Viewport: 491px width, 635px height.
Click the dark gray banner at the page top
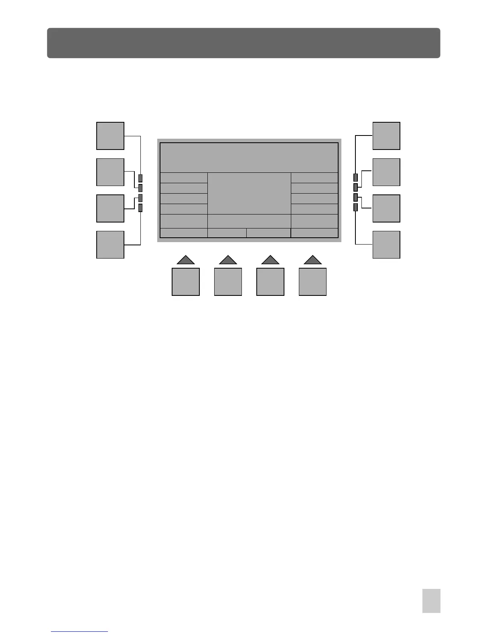click(243, 43)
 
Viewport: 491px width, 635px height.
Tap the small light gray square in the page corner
click(431, 601)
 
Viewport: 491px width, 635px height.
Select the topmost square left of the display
click(110, 136)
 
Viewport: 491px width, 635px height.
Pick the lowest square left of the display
click(110, 245)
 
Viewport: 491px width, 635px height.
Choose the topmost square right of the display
click(386, 136)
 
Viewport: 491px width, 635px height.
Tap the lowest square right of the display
click(386, 245)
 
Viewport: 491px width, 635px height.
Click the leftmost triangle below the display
click(186, 260)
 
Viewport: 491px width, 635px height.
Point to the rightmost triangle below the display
click(312, 260)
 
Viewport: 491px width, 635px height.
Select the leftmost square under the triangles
click(186, 282)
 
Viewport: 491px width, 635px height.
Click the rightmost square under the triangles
click(312, 282)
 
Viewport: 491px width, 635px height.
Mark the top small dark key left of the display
click(140, 178)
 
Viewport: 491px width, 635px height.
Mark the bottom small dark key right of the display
click(355, 207)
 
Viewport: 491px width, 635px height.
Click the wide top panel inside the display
click(249, 158)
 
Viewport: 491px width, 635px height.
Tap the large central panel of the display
click(249, 193)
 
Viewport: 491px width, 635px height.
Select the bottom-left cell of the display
click(184, 233)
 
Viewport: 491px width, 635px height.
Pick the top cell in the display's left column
click(184, 178)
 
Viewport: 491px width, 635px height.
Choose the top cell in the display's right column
click(314, 178)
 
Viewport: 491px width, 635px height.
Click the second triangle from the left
click(228, 260)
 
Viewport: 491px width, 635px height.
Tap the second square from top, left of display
click(110, 172)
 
